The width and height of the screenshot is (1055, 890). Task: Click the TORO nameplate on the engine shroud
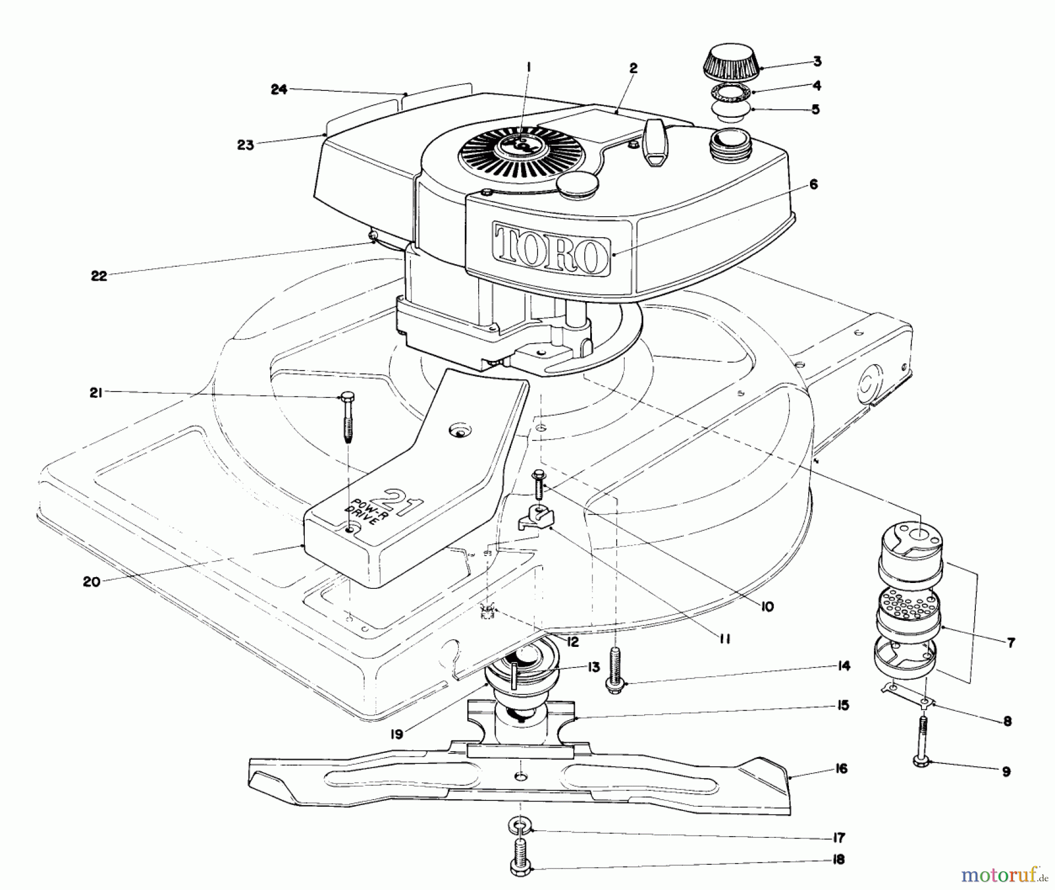click(x=551, y=248)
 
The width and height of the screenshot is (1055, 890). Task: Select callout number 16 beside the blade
click(x=841, y=768)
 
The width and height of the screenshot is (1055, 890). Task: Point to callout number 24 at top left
click(x=279, y=90)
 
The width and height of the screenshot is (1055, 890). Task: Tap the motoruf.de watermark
click(x=1004, y=875)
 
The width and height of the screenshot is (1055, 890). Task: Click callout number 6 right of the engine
click(x=813, y=185)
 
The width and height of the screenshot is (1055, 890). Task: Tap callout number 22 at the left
click(x=99, y=276)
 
